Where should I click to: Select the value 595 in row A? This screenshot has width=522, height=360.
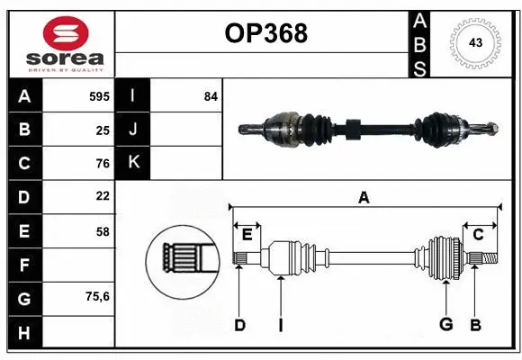click(x=98, y=95)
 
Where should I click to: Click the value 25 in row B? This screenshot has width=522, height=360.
click(x=102, y=130)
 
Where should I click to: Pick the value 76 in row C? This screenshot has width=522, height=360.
click(x=102, y=164)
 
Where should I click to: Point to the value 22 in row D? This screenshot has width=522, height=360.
click(x=102, y=196)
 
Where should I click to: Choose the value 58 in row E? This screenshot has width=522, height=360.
click(x=102, y=231)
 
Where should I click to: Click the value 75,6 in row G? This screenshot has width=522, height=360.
click(x=97, y=296)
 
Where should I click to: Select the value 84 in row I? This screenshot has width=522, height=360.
click(x=211, y=95)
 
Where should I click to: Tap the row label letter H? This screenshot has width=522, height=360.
click(x=24, y=333)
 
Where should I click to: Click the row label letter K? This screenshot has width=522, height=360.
click(x=133, y=163)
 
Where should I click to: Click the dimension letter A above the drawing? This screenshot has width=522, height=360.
click(x=364, y=197)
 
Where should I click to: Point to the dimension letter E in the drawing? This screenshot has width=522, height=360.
click(x=247, y=234)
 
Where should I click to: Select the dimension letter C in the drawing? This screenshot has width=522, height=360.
click(x=478, y=234)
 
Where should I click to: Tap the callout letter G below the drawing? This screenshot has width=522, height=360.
click(x=445, y=325)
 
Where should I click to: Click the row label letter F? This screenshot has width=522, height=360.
click(x=24, y=265)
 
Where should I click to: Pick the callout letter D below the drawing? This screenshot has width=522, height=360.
click(x=239, y=325)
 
